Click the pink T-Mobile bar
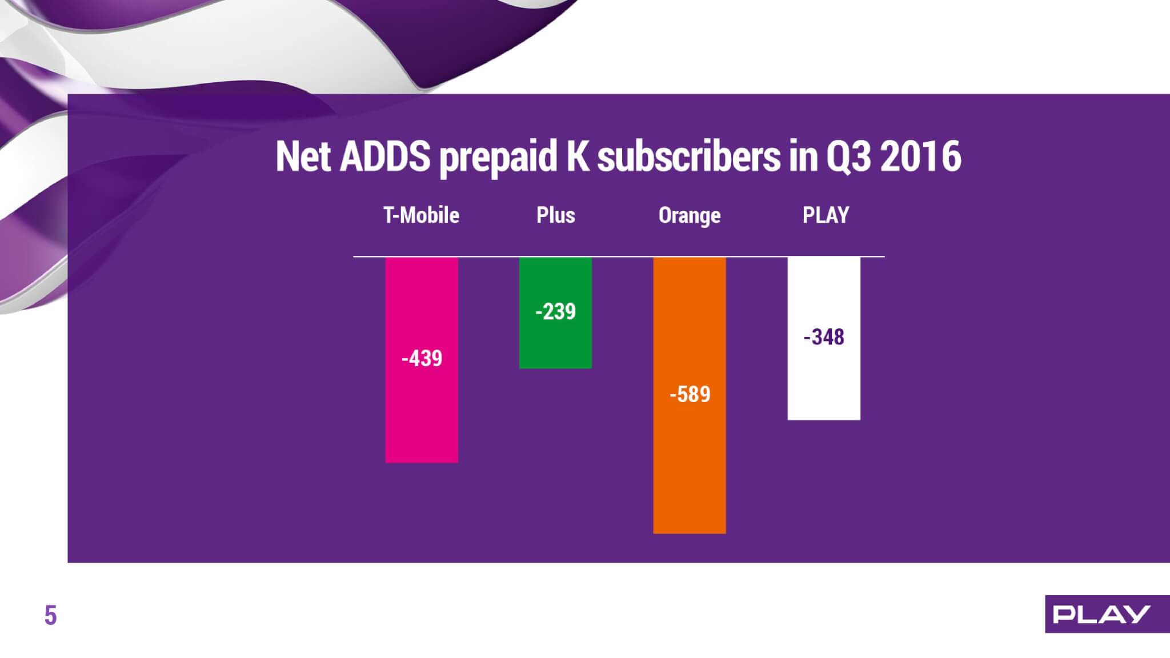pos(422,360)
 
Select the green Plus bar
pos(555,313)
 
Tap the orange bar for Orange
pos(690,395)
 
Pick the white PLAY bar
pos(824,339)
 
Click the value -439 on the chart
pos(422,359)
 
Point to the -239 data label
pos(555,312)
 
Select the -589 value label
pos(690,395)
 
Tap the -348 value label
pos(824,337)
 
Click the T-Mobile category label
pos(421,215)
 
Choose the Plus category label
pos(556,215)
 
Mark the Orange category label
pos(690,216)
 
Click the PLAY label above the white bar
pos(826,215)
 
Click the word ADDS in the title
pos(384,157)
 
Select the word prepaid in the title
pos(498,158)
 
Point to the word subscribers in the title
pos(688,157)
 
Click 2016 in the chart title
pos(920,157)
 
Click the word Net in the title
pos(303,157)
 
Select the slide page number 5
pos(51,616)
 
